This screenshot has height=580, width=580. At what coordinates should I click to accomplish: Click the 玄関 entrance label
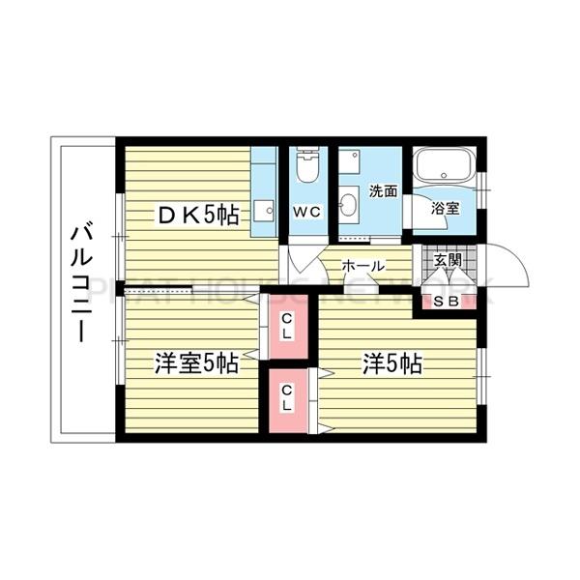tap(448, 260)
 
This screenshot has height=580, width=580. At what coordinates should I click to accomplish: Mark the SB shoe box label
tap(447, 302)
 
